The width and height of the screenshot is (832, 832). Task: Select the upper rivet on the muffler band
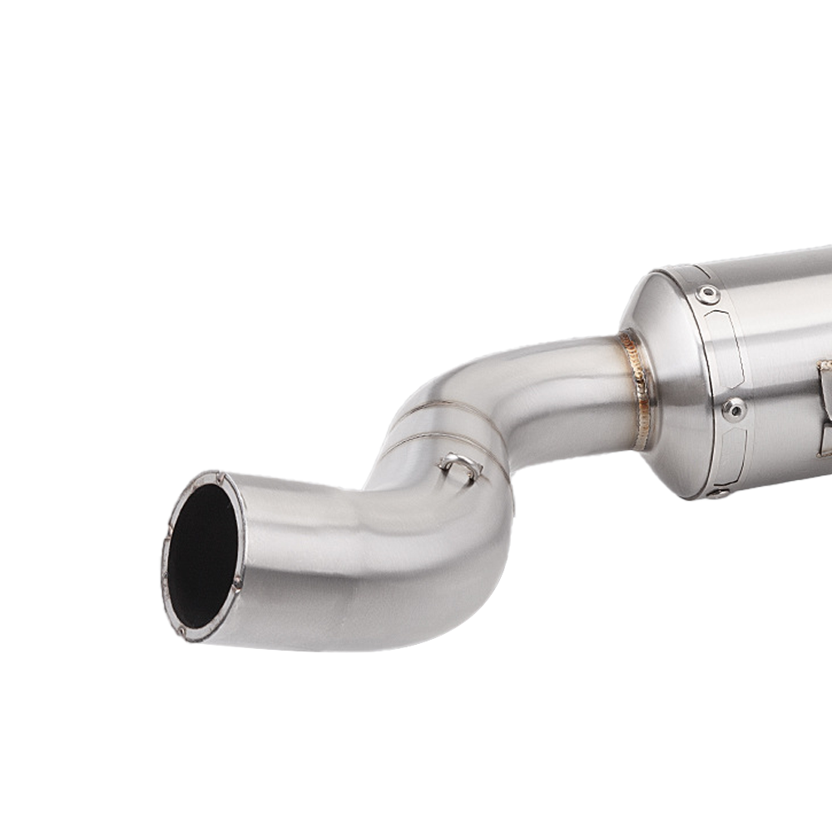coord(708,294)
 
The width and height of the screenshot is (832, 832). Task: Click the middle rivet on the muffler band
coord(734,409)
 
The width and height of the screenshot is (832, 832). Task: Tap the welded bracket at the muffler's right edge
coord(824,408)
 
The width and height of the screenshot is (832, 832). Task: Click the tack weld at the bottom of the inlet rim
coord(181,631)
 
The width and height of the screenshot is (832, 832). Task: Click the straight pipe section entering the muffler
coord(574,383)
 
